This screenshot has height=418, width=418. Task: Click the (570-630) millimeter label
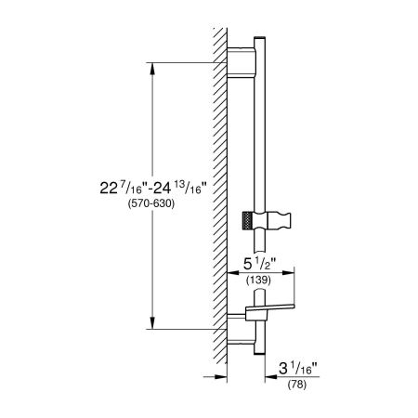(151, 203)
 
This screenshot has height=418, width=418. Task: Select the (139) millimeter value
(258, 281)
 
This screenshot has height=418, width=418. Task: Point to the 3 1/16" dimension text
(298, 368)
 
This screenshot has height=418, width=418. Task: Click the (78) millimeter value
(297, 385)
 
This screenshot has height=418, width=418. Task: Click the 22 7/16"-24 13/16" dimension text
(153, 187)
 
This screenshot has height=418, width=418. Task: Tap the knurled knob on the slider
(248, 221)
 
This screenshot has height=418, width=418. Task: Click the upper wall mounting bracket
(242, 62)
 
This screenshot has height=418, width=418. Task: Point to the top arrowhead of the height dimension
(152, 69)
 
